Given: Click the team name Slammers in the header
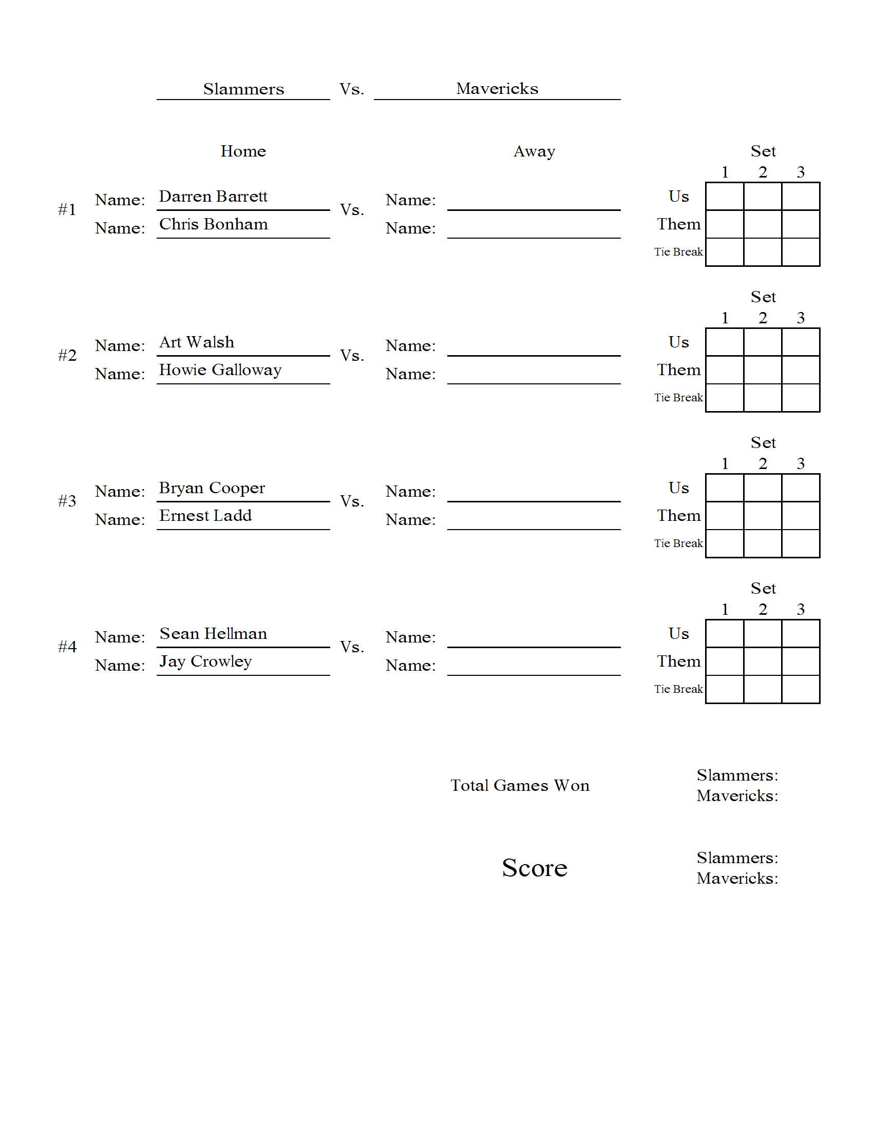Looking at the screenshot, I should coord(243,89).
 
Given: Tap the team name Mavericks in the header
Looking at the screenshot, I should coord(497,88).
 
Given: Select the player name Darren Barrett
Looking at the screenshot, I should coord(213,197).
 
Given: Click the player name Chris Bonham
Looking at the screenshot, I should coord(213,224).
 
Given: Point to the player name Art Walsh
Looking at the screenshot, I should coord(197,342).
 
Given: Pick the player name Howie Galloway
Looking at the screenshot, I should coord(220,370).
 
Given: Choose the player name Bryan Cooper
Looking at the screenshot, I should coord(212,488).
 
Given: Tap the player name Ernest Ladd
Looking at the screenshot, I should coord(205,516).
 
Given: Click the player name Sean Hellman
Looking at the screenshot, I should coord(213,634).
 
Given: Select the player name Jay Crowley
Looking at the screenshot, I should coord(205,661).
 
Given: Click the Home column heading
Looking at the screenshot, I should coord(243,151).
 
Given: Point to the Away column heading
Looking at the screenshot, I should coord(534,151).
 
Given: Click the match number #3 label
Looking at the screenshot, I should coord(67,501).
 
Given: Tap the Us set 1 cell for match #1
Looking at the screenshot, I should coord(725,197).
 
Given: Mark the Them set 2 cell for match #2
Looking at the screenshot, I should coord(762,370).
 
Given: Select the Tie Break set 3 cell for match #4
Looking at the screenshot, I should coord(801,690).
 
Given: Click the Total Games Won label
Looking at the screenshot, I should coord(520,785).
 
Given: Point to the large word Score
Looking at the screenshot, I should coord(534,868).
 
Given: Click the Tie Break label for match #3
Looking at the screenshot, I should coord(678,543).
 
